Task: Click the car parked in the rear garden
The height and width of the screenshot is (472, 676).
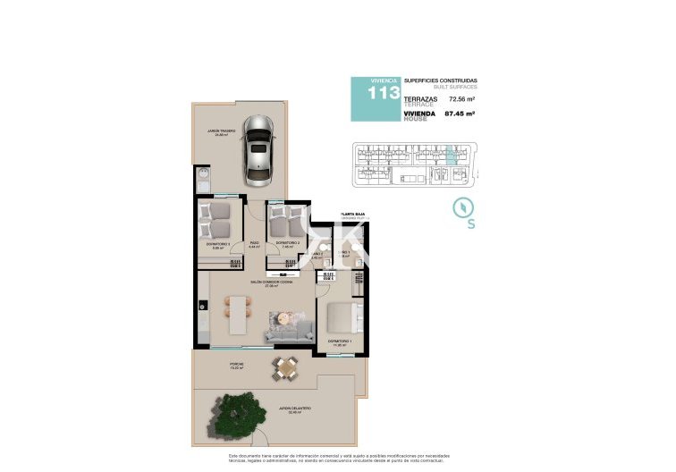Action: (x=259, y=147)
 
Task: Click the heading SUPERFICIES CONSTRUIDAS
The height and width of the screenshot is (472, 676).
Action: (x=440, y=80)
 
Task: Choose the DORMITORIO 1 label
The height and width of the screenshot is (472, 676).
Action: (x=339, y=341)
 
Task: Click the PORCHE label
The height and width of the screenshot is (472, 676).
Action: (x=236, y=364)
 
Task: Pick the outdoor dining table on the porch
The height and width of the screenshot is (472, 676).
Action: (x=286, y=366)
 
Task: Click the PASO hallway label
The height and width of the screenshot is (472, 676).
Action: (x=254, y=243)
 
